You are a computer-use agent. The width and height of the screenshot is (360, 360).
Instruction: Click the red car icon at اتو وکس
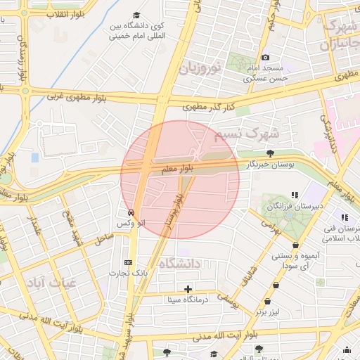pyautogui.click(x=131, y=212)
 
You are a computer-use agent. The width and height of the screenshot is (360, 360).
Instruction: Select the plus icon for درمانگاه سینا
pyautogui.click(x=188, y=289)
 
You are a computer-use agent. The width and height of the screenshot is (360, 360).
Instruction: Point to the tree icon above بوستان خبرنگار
pyautogui.click(x=270, y=153)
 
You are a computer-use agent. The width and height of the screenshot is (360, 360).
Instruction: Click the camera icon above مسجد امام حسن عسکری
pyautogui.click(x=265, y=57)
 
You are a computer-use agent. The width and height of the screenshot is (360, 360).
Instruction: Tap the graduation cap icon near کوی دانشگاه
pyautogui.click(x=136, y=15)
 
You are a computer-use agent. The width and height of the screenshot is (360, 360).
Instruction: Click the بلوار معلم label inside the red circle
pyautogui.click(x=176, y=169)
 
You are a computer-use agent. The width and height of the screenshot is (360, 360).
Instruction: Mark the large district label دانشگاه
pyautogui.click(x=180, y=264)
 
